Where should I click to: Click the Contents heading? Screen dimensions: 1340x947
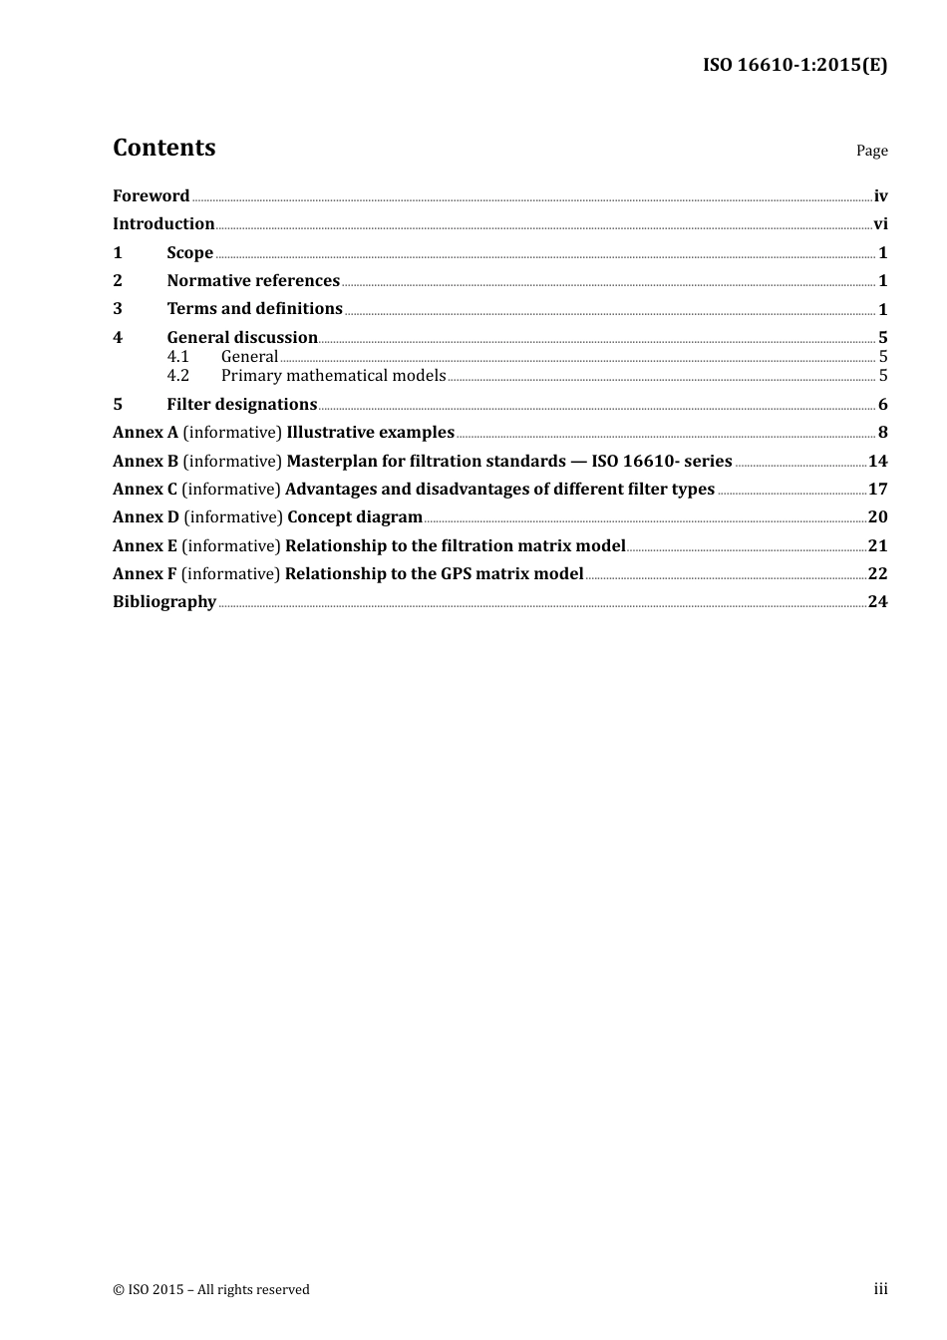pyautogui.click(x=163, y=148)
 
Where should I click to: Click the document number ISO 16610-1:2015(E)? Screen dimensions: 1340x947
pyautogui.click(x=794, y=65)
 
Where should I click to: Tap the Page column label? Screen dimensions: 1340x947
pyautogui.click(x=871, y=151)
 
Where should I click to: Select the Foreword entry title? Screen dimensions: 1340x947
pyautogui.click(x=151, y=195)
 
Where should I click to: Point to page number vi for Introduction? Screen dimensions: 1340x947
pyautogui.click(x=880, y=223)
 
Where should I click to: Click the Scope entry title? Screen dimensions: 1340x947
pyautogui.click(x=189, y=252)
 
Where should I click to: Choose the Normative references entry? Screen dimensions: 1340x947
pyautogui.click(x=253, y=280)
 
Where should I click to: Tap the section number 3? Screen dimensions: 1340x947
pyautogui.click(x=118, y=309)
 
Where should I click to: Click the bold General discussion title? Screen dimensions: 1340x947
pyautogui.click(x=242, y=337)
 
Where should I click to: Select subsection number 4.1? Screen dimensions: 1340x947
pyautogui.click(x=177, y=356)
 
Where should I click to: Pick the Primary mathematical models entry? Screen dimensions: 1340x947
pyautogui.click(x=333, y=375)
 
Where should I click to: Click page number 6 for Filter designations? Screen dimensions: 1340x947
pyautogui.click(x=882, y=404)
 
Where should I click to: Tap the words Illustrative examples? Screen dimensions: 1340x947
pyautogui.click(x=370, y=432)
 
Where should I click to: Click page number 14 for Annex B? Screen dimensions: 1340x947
pyautogui.click(x=877, y=461)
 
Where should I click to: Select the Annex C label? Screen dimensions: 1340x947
pyautogui.click(x=145, y=489)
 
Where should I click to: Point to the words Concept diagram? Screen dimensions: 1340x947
pyautogui.click(x=355, y=516)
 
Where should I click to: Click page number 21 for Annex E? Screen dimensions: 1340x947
pyautogui.click(x=877, y=545)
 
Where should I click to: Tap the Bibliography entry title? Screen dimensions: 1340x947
pyautogui.click(x=164, y=601)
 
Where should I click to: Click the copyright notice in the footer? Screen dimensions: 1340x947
pyautogui.click(x=211, y=1289)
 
